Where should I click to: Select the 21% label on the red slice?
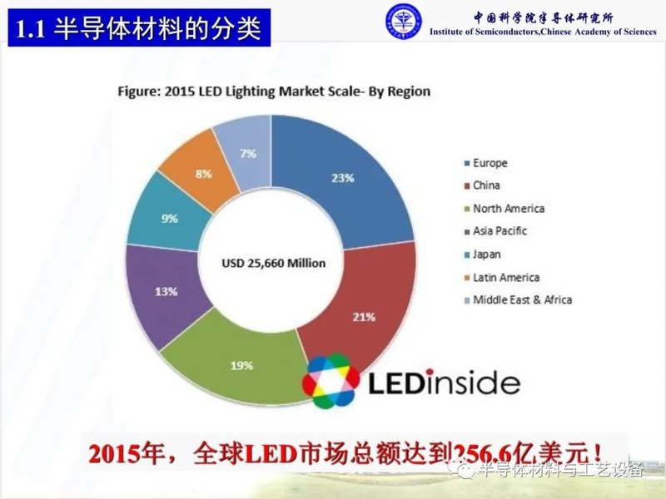[x=365, y=317]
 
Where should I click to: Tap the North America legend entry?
[x=508, y=209]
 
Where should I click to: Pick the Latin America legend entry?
[x=506, y=277]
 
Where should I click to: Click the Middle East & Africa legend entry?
[x=522, y=299]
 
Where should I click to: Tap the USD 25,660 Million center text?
[x=274, y=263]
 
